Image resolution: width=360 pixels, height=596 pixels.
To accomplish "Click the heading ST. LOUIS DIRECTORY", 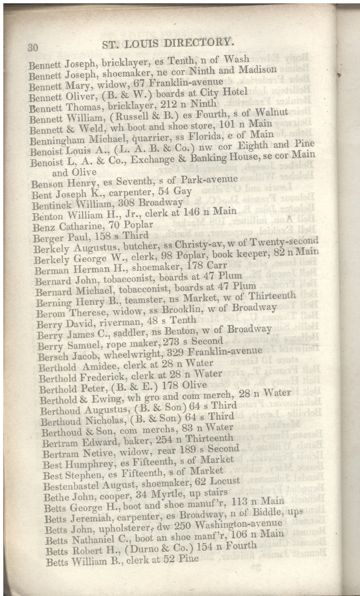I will tap(168, 42).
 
